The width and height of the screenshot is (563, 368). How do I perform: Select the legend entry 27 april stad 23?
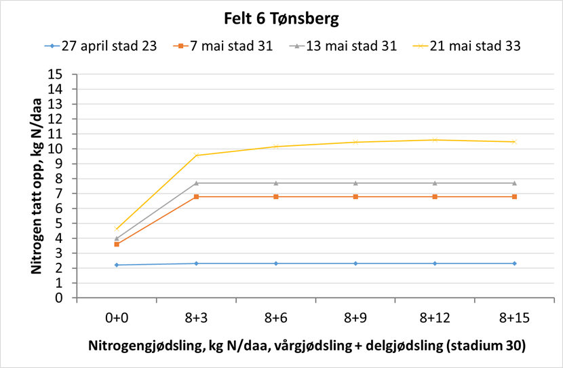click(109, 46)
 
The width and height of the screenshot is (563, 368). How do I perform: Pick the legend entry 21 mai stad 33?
click(469, 46)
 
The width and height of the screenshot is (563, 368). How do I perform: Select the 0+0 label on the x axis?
click(117, 317)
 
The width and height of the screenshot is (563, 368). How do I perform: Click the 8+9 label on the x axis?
click(355, 317)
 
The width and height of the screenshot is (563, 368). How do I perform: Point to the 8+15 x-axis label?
click(514, 317)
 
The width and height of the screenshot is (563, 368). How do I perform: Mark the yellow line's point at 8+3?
click(197, 155)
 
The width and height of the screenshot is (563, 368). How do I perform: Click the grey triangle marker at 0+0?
click(117, 238)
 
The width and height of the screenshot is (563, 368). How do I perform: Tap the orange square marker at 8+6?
click(276, 196)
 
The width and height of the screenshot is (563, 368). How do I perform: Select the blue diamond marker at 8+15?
click(514, 263)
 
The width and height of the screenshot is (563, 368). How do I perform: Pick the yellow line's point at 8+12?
click(435, 140)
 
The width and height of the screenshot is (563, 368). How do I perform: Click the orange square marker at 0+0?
click(117, 244)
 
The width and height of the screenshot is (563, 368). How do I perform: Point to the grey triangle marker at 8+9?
click(355, 183)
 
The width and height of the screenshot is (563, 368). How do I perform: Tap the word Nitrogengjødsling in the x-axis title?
click(144, 345)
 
